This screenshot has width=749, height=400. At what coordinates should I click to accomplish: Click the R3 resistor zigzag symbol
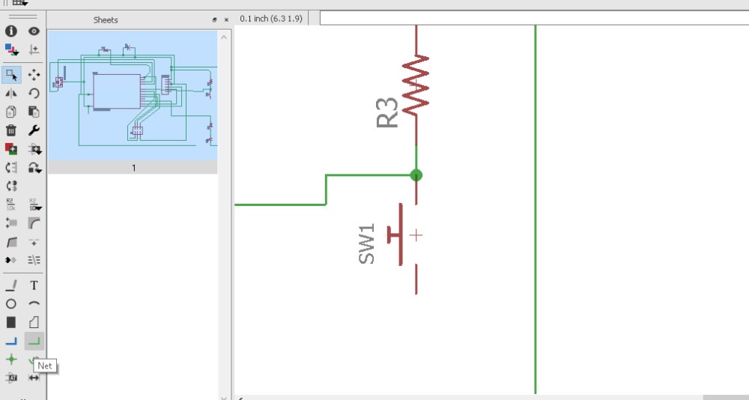click(x=416, y=84)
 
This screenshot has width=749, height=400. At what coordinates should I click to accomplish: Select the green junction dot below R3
click(x=416, y=175)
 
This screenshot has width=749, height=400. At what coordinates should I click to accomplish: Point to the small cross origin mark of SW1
click(x=416, y=235)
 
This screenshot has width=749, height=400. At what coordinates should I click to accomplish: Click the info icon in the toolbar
click(x=11, y=31)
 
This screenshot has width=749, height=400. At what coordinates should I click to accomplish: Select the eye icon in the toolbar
click(x=34, y=31)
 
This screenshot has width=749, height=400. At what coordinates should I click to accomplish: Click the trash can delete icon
click(x=11, y=130)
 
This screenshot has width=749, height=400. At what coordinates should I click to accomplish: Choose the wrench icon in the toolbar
click(x=34, y=130)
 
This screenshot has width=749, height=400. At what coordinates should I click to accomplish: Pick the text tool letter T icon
click(x=34, y=285)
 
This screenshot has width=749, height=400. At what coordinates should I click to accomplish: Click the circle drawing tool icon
click(x=11, y=304)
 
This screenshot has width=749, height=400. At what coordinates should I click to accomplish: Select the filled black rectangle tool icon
click(x=11, y=322)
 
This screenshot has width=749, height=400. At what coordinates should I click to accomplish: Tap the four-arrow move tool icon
click(x=34, y=75)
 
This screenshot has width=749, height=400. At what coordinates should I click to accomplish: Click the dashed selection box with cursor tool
click(x=11, y=75)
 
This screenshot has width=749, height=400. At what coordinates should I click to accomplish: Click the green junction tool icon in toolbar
click(x=11, y=360)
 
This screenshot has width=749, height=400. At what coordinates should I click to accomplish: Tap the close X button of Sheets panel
click(x=226, y=20)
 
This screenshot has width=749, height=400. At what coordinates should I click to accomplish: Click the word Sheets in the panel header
click(x=106, y=20)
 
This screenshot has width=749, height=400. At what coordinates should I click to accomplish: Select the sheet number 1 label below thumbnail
click(x=134, y=168)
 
